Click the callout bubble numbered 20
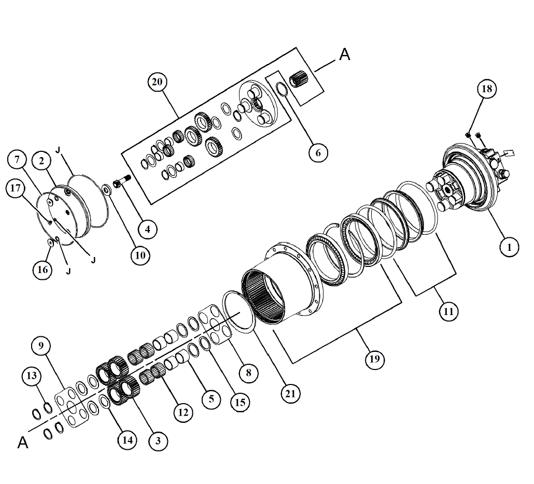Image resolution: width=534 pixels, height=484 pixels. click(x=157, y=82)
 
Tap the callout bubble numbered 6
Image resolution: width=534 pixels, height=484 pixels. click(x=318, y=152)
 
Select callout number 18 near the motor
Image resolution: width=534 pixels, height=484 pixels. click(x=487, y=89)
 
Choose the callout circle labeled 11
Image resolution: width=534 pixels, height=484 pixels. click(x=448, y=311)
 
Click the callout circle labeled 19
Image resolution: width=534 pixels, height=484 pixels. click(x=375, y=359)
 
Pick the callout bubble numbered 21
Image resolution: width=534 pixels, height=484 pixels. click(x=290, y=394)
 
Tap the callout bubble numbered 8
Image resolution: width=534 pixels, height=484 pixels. click(x=249, y=373)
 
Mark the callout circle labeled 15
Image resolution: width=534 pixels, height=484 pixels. click(x=240, y=402)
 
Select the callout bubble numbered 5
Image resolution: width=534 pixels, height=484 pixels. click(x=212, y=398)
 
